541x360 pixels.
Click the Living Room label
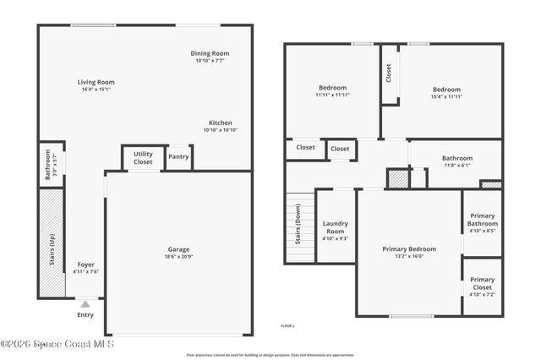97,82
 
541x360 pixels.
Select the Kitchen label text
220,123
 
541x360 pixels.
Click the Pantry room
178,156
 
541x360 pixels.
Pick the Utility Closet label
143,157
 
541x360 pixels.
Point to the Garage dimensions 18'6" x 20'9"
178,257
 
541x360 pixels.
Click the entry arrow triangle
85,303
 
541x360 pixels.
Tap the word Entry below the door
85,315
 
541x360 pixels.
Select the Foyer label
85,265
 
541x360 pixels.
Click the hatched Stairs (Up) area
51,243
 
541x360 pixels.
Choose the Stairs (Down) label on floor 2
298,224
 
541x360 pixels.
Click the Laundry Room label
336,226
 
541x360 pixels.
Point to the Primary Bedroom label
409,248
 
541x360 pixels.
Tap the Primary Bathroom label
482,222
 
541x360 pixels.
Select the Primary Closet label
482,284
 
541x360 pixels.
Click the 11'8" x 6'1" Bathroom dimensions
457,166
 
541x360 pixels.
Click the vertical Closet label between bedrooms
389,74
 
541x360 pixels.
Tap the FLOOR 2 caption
288,325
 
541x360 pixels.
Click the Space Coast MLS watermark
57,344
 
